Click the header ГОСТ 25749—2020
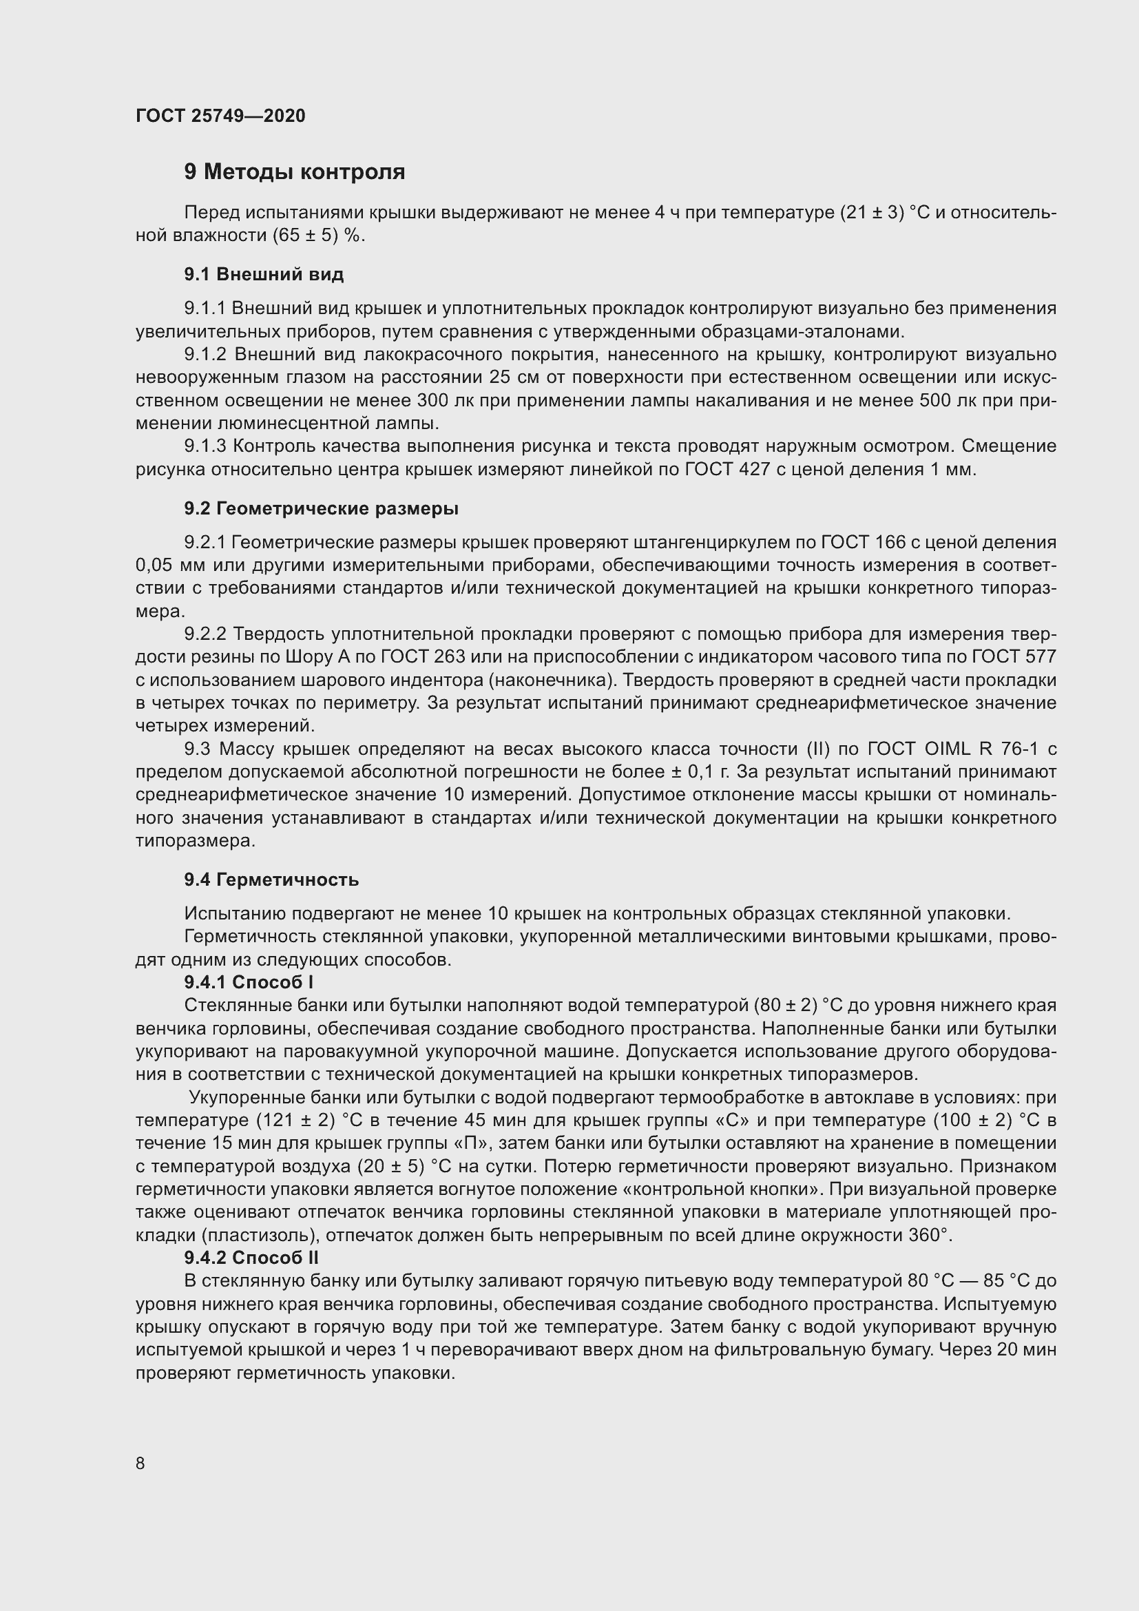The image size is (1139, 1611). [220, 116]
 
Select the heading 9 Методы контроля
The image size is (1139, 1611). [295, 172]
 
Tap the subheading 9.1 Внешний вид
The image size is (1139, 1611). [264, 274]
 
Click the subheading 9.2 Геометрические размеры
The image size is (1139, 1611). [321, 509]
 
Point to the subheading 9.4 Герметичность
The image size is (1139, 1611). [271, 880]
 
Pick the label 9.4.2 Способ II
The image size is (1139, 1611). [252, 1258]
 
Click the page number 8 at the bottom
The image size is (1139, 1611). [140, 1464]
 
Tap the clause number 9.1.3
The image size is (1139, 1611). [205, 446]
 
